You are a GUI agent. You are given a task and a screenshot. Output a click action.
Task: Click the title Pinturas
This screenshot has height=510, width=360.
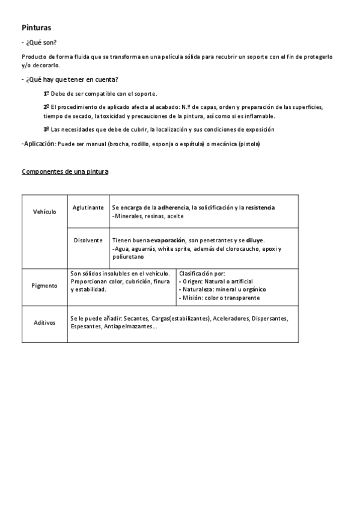[36, 28]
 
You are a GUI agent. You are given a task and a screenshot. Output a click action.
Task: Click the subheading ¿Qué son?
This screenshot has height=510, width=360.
[41, 43]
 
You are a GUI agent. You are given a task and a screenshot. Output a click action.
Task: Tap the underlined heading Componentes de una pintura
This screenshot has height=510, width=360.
[65, 172]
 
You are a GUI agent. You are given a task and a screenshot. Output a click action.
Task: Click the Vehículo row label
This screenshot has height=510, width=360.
[44, 212]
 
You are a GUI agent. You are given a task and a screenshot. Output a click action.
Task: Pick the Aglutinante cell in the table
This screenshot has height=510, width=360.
[88, 207]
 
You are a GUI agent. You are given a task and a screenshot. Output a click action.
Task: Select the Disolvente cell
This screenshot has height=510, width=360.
[88, 240]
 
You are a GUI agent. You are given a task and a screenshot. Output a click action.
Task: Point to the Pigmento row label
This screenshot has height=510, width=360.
[44, 286]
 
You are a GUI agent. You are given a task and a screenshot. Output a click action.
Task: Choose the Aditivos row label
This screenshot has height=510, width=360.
[44, 322]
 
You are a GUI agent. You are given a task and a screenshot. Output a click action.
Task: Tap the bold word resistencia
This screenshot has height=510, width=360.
[260, 207]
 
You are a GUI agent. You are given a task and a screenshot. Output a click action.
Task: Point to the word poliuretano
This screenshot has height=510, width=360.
[129, 257]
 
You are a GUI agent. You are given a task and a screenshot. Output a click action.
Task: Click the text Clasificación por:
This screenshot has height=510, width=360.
[202, 273]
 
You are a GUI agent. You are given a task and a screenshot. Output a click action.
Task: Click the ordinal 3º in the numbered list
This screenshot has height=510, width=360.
[46, 129]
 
